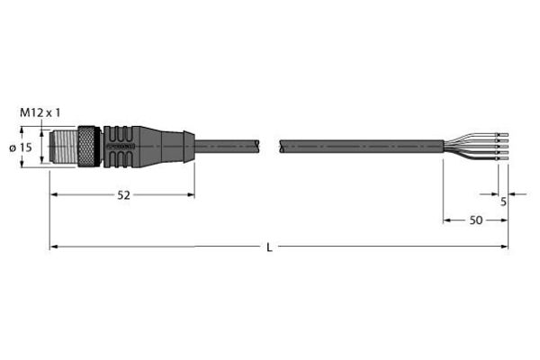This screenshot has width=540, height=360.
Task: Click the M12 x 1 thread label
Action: [40, 112]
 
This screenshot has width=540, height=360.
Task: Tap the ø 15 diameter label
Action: [21, 148]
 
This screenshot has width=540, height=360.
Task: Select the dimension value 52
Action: [124, 195]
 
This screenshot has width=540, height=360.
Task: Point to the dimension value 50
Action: [476, 220]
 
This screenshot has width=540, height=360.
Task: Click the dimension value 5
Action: [503, 202]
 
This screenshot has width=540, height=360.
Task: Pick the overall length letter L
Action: [269, 247]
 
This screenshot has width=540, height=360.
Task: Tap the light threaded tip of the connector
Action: [64, 147]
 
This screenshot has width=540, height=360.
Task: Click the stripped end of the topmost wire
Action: [502, 134]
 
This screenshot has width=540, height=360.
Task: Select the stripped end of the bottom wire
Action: [502, 158]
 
